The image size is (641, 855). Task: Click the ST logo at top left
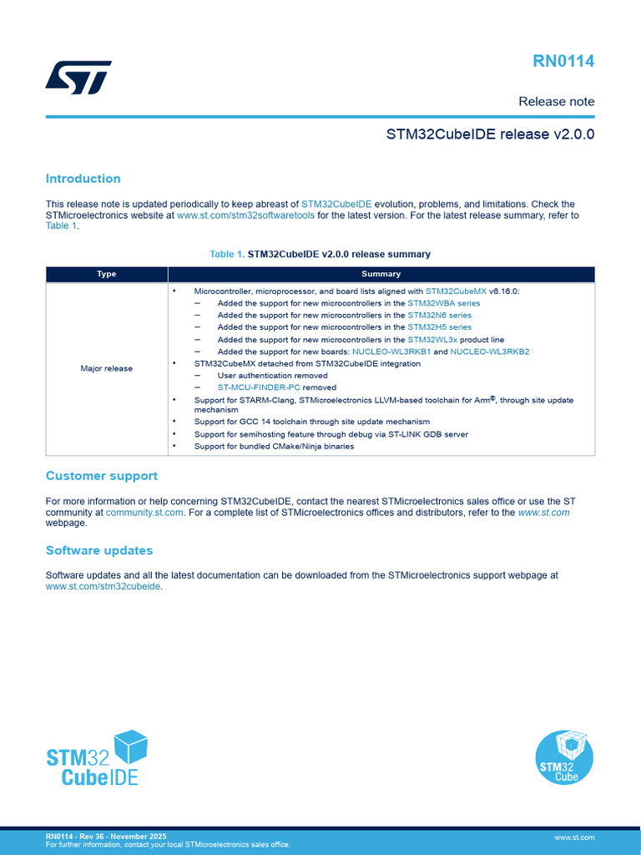tap(78, 77)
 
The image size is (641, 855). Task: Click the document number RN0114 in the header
tap(564, 61)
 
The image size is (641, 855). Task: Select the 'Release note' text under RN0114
tap(556, 101)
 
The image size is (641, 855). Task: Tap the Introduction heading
tap(83, 179)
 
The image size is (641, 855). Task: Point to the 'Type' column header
tap(107, 274)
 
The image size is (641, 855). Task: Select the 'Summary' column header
tap(381, 274)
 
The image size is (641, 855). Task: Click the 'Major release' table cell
tap(107, 368)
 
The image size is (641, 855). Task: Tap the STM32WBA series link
tap(443, 303)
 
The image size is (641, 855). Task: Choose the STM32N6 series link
tap(439, 316)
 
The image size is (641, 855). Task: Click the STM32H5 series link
tap(439, 327)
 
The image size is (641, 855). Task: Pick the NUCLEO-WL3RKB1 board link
tap(391, 352)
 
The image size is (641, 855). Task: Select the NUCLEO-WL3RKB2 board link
tap(490, 352)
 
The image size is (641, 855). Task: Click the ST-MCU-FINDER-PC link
tap(259, 387)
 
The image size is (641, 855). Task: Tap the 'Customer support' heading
tap(101, 476)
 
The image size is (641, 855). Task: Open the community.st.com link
tap(144, 513)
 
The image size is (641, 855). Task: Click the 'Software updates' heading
tap(98, 551)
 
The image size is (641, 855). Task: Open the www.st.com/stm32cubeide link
tap(103, 586)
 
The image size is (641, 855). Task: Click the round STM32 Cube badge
tap(564, 757)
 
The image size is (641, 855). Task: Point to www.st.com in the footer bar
tap(574, 837)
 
